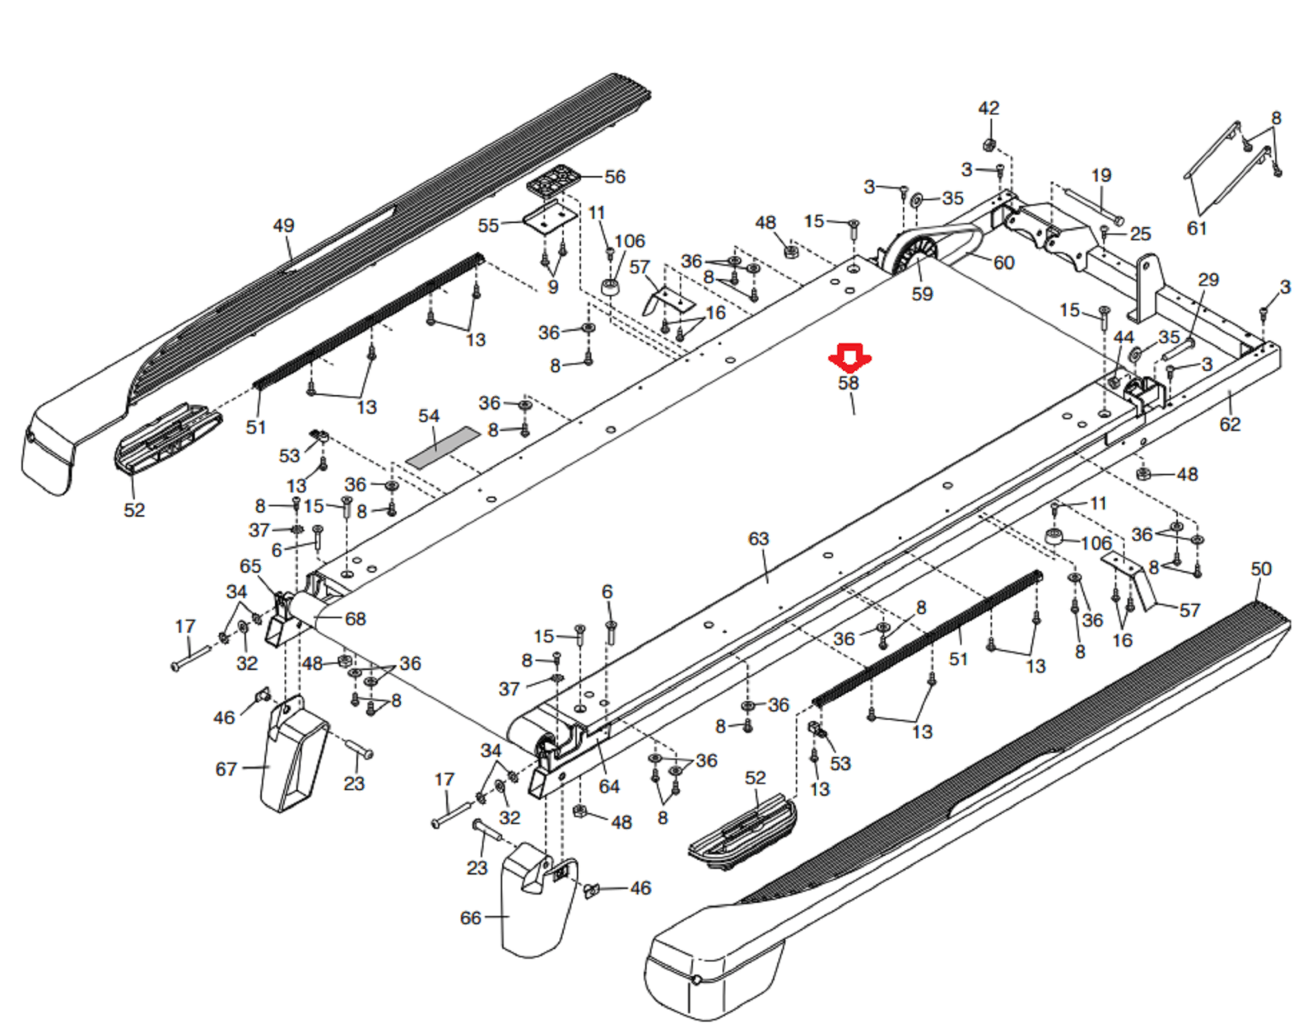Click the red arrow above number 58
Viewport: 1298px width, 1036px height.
point(849,357)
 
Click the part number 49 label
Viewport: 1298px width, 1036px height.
point(283,226)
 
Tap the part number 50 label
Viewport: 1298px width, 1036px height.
point(1261,569)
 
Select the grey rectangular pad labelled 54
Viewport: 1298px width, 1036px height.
point(442,447)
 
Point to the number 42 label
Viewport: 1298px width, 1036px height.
point(989,109)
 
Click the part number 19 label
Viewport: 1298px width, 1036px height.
point(1101,176)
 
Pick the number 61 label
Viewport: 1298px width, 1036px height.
point(1197,229)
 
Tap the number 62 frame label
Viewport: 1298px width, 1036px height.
point(1230,424)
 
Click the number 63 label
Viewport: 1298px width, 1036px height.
point(759,539)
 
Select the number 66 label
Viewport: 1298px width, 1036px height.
point(471,918)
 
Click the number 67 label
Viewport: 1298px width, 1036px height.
point(226,768)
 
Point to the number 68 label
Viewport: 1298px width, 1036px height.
point(355,619)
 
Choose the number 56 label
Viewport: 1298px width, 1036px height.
point(615,177)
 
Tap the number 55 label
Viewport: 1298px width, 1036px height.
point(488,225)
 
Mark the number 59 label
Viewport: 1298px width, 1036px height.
point(922,294)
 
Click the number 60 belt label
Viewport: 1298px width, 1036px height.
point(1004,263)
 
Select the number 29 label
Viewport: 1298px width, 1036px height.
point(1209,280)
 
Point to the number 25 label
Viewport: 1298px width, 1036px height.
point(1141,234)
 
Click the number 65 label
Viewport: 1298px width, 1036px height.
point(251,566)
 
